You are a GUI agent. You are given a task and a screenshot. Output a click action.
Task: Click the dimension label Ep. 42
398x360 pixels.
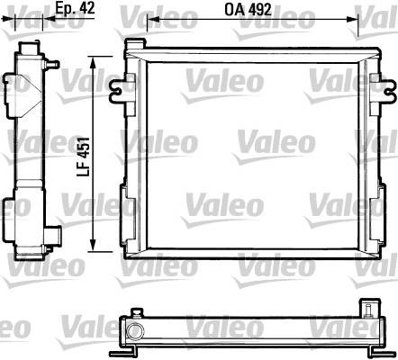75,8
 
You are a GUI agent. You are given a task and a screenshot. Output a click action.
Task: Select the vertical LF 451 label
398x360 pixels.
84,157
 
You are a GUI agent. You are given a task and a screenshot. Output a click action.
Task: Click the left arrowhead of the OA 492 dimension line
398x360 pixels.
153,20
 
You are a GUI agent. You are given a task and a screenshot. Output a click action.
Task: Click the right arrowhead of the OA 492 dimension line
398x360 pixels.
353,20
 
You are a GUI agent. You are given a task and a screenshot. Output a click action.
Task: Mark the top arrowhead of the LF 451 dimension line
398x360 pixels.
93,62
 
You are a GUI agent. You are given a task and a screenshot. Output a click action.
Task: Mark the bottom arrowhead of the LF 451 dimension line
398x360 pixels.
93,246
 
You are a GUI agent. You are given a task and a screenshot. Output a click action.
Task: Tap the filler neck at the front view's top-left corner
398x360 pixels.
134,43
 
